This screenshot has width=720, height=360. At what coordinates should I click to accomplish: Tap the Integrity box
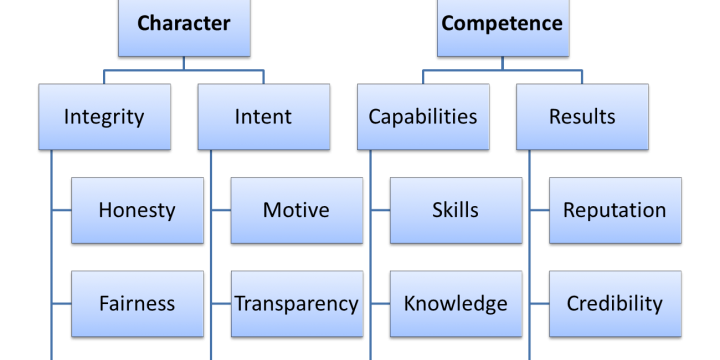[x=104, y=117]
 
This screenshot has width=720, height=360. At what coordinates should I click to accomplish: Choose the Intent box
[x=264, y=117]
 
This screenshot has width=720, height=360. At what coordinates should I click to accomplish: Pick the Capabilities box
[x=423, y=117]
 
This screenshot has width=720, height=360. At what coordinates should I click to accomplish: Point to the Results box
[x=582, y=117]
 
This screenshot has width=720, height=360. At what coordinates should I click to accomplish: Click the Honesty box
[x=137, y=210]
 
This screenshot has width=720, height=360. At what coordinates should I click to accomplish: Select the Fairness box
[x=137, y=303]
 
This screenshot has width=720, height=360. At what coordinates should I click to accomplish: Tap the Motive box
[x=296, y=210]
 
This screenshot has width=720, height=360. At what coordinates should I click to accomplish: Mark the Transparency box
[x=296, y=303]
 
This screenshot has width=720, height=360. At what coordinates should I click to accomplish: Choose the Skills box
[x=455, y=210]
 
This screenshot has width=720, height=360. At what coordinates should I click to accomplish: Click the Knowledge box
[x=455, y=303]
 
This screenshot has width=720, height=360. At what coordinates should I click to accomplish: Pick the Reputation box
[x=614, y=210]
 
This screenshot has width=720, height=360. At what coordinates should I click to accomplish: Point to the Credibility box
[x=614, y=303]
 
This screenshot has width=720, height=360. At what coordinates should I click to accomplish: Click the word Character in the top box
[x=184, y=23]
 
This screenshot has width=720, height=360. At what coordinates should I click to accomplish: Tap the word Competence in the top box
[x=502, y=23]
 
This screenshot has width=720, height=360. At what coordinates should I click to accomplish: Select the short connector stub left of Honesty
[x=62, y=210]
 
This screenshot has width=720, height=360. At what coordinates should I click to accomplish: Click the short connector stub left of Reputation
[x=540, y=210]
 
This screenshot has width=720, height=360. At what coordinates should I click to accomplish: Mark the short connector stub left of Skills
[x=381, y=210]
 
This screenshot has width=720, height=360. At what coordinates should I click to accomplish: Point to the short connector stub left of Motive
[x=221, y=210]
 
